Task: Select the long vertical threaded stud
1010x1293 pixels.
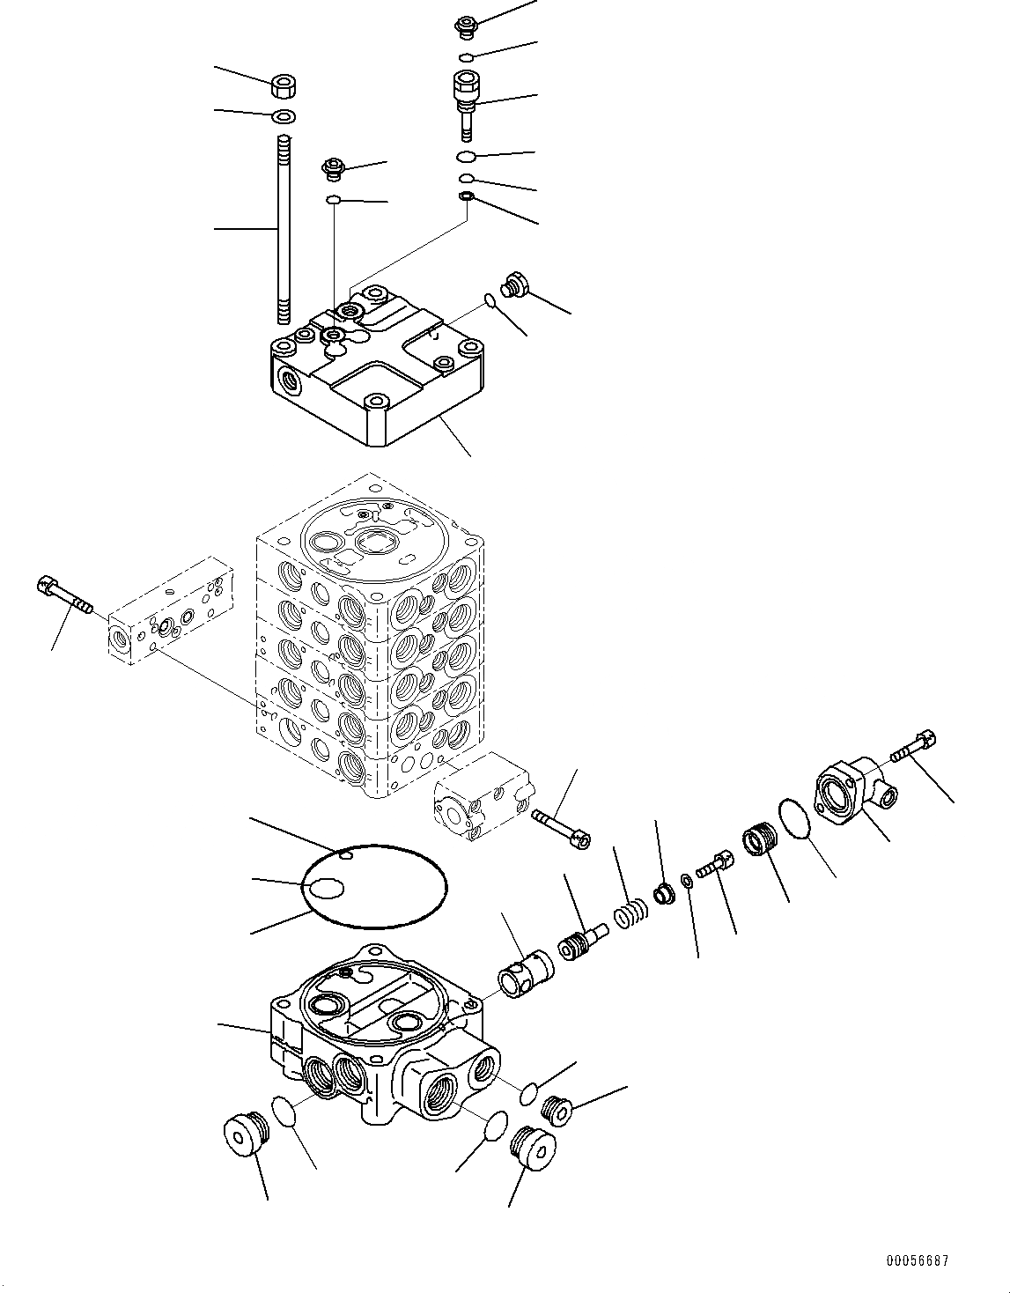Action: (283, 229)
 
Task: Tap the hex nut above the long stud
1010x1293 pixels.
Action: (283, 86)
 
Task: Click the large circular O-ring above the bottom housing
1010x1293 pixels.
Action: (374, 886)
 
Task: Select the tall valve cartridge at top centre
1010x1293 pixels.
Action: (465, 101)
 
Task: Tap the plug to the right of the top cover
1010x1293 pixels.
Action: (514, 286)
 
